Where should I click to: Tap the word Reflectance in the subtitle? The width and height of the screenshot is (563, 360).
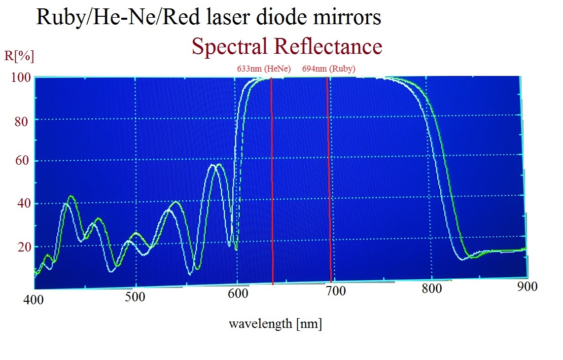point(328,46)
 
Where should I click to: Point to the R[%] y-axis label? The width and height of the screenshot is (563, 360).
point(19,56)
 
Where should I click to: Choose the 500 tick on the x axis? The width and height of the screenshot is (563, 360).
point(135,297)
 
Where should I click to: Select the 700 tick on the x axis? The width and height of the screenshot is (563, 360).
point(335,291)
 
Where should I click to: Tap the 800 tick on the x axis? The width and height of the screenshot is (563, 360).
point(432,288)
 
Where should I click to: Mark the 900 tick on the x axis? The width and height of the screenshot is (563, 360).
point(527,286)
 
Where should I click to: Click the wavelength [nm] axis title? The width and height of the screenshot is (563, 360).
point(275,324)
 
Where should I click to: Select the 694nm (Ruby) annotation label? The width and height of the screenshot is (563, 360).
point(329,69)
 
